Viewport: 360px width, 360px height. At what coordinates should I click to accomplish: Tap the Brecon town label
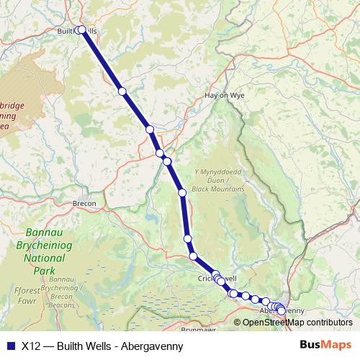coord(84,204)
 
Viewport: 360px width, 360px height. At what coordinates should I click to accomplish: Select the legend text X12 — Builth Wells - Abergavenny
coord(102,346)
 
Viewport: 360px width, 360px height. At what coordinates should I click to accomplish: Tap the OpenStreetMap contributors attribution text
coord(297,322)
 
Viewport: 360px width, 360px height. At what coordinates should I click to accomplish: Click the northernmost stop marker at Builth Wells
coord(81,30)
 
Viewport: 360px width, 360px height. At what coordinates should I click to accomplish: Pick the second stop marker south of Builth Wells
coord(150,130)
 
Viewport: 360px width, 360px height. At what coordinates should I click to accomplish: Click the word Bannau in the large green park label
coord(44,233)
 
